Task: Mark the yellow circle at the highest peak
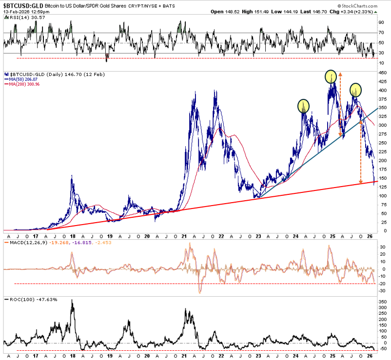click(x=332, y=76)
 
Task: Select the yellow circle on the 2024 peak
click(x=304, y=105)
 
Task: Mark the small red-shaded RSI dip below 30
click(x=107, y=57)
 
